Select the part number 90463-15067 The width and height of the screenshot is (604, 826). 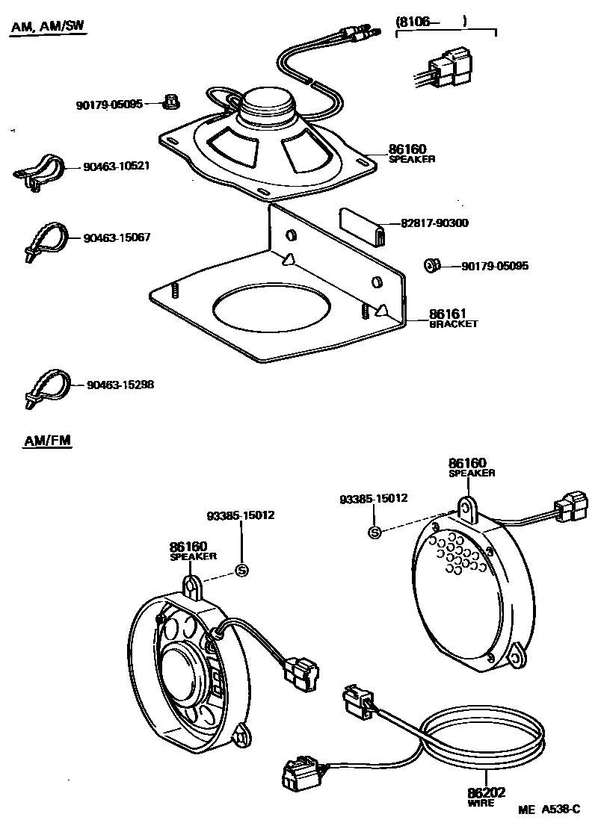click(117, 237)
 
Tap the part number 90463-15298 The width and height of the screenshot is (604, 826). click(120, 385)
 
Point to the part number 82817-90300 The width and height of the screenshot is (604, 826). click(434, 223)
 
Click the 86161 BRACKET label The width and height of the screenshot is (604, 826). click(453, 318)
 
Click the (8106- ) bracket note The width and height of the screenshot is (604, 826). click(431, 23)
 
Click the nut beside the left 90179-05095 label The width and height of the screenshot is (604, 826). click(170, 101)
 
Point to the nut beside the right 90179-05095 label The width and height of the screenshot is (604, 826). click(431, 265)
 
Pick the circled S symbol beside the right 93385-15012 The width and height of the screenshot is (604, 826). click(375, 532)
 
